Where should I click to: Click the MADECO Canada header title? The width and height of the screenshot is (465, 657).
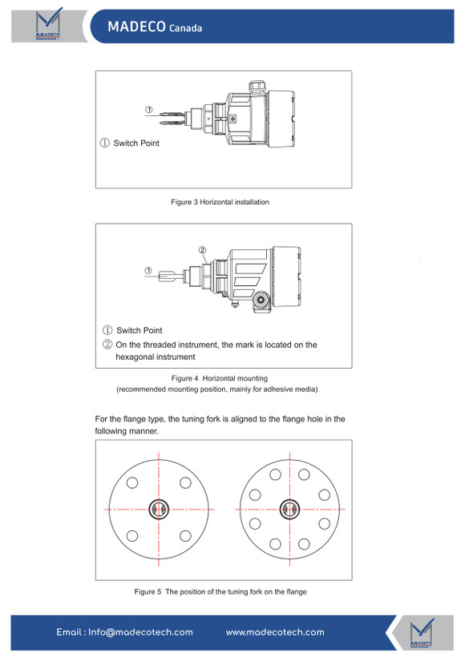[155, 26]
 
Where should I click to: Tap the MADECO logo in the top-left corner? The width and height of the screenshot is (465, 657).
[48, 24]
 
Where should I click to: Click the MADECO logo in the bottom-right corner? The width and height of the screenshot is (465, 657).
[422, 633]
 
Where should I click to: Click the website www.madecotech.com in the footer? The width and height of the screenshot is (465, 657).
[275, 632]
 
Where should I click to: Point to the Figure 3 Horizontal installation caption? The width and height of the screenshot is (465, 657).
[220, 202]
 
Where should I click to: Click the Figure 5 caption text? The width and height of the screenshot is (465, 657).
[220, 591]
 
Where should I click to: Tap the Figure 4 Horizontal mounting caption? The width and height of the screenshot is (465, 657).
[220, 378]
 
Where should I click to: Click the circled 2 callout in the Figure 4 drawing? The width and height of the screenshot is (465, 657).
[203, 250]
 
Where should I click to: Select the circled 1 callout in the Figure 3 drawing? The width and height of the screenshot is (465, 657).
[149, 110]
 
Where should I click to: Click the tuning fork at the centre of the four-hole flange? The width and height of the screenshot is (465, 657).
[159, 510]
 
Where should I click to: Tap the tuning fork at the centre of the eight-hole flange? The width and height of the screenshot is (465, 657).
[289, 510]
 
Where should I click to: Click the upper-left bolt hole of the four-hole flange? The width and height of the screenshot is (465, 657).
[132, 482]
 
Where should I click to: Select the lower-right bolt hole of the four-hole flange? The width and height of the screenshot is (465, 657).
[185, 536]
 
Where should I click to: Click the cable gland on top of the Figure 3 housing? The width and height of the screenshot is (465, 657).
[257, 86]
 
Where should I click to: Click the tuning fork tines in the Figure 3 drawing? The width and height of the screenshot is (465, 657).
[171, 117]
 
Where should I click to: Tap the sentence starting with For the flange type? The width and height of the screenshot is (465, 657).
[220, 425]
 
